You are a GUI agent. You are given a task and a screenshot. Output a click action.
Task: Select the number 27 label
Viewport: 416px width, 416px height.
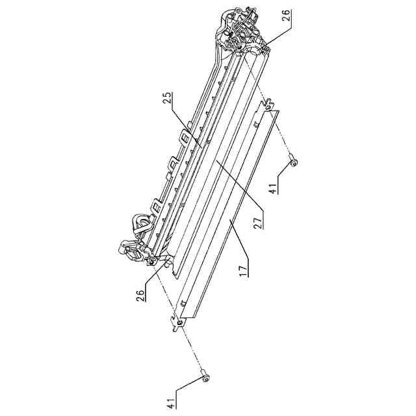(x=258, y=222)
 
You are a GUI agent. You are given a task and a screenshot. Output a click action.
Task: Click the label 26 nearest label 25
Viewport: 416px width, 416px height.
(x=287, y=17)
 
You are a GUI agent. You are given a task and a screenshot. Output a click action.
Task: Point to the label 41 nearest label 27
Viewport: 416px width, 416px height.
(x=273, y=188)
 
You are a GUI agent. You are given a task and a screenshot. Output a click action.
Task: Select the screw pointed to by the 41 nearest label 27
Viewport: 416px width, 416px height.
(x=293, y=162)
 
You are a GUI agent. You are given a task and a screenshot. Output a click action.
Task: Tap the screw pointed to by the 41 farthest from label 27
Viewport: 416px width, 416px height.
(x=205, y=375)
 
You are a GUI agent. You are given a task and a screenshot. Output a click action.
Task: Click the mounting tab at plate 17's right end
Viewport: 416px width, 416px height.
(x=268, y=104)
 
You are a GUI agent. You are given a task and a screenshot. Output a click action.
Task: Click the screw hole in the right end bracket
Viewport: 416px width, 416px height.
(x=240, y=48)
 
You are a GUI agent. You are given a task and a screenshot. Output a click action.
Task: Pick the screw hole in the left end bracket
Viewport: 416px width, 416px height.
(x=151, y=261)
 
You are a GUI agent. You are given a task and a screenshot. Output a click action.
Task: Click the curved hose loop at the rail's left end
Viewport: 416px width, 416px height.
(x=138, y=224)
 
